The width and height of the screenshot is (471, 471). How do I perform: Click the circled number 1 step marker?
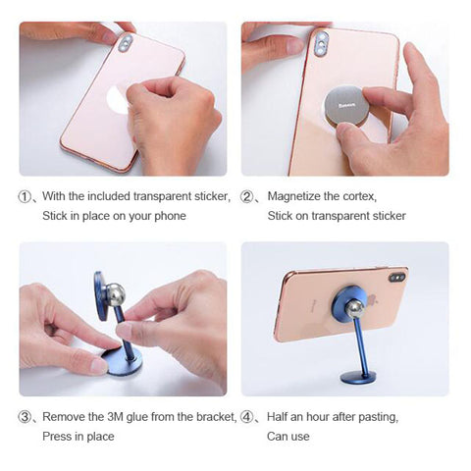(24, 196)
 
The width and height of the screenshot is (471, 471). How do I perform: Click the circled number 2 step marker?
(246, 196)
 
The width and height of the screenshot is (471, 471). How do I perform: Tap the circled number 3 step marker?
(25, 417)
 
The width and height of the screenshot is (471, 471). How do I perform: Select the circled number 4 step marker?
(246, 417)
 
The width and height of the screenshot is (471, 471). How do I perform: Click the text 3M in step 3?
(115, 417)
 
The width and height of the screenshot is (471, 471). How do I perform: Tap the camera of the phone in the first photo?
(126, 43)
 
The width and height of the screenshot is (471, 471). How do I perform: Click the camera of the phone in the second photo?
(321, 42)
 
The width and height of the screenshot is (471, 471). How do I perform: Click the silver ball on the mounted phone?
(354, 308)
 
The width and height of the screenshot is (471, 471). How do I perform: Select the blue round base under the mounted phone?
(358, 377)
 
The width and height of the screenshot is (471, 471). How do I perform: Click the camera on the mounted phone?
(396, 278)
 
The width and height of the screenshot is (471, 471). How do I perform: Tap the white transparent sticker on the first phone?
(117, 99)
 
